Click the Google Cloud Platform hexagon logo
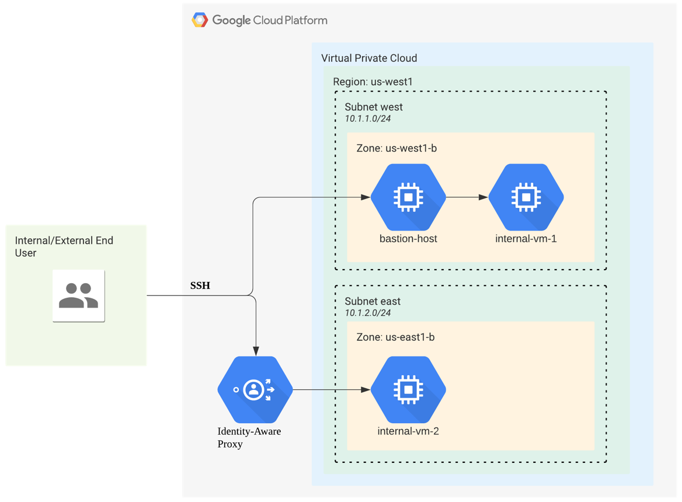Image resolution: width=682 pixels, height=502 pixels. [x=200, y=20]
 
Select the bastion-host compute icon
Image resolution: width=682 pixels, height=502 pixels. [x=408, y=197]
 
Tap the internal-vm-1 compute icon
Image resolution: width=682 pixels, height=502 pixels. [x=526, y=197]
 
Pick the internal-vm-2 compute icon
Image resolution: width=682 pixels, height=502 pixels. [x=408, y=389]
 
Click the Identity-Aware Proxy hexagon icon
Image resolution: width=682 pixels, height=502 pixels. [x=255, y=389]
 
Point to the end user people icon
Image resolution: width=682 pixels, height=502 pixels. [x=79, y=295]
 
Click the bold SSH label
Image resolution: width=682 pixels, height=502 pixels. [x=200, y=285]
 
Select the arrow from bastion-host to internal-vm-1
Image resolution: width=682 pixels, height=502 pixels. [x=467, y=197]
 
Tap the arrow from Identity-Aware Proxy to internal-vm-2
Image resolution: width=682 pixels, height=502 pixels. [x=331, y=389]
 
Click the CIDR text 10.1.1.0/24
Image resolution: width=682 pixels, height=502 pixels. [x=367, y=118]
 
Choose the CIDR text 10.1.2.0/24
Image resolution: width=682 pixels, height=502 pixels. [x=367, y=313]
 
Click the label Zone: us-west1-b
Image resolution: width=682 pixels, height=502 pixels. [x=396, y=148]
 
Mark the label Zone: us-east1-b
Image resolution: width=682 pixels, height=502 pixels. [x=395, y=337]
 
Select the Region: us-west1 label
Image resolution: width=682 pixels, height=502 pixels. [x=373, y=82]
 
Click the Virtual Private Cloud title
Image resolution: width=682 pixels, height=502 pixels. [x=369, y=58]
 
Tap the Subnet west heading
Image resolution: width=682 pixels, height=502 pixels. [x=374, y=107]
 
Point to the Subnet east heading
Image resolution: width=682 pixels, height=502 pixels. [x=373, y=301]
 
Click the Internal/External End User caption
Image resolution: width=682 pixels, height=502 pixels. [x=64, y=246]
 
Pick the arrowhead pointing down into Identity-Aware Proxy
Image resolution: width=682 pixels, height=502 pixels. [x=256, y=351]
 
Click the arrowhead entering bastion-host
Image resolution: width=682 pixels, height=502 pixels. [x=366, y=197]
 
